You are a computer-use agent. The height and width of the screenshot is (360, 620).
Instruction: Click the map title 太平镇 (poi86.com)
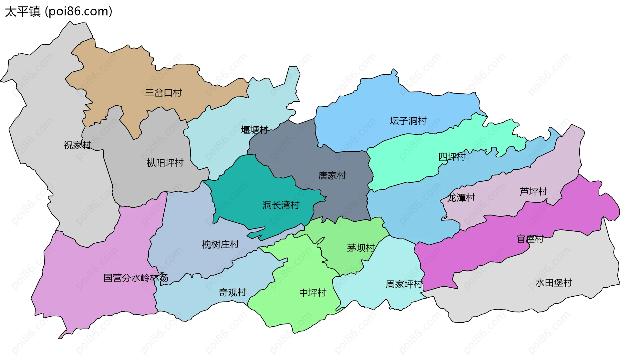(x=58, y=12)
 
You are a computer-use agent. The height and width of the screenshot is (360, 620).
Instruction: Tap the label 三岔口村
(x=163, y=93)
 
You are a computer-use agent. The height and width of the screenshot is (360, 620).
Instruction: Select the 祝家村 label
(x=77, y=145)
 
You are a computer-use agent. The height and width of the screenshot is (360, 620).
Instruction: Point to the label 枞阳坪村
(x=165, y=163)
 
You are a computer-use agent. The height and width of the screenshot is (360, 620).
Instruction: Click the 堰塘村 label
(x=254, y=130)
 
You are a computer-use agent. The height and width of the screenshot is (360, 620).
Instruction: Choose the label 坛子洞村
(x=408, y=121)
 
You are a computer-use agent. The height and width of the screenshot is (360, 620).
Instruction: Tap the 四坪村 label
(x=452, y=157)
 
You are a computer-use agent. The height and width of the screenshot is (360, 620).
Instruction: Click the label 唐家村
(x=332, y=176)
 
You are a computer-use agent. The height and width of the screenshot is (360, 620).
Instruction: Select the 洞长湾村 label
(x=281, y=205)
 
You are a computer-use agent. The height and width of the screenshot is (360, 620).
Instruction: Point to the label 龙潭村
(x=461, y=198)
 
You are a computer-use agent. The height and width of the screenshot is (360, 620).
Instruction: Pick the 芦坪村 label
(x=533, y=192)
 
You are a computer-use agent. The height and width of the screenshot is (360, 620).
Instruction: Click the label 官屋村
(x=530, y=239)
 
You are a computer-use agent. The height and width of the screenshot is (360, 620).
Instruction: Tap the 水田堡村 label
(x=553, y=283)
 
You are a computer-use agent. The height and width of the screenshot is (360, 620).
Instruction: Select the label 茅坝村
(x=361, y=248)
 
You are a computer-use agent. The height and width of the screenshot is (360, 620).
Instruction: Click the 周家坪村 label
(x=404, y=284)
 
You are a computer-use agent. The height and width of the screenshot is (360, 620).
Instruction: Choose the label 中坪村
(x=313, y=293)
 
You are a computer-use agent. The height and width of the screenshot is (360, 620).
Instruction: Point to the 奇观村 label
(x=232, y=292)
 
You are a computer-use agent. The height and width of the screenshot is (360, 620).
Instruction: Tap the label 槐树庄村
(x=220, y=245)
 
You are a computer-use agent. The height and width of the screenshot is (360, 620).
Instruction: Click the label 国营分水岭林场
(x=136, y=278)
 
